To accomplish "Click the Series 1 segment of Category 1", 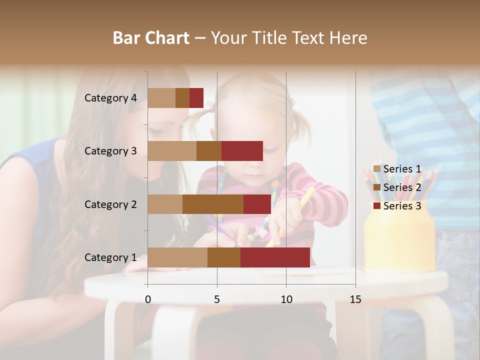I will (x=177, y=257).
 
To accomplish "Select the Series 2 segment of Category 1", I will (x=224, y=257).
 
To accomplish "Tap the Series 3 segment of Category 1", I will (x=275, y=257).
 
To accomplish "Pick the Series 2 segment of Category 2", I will (x=213, y=204).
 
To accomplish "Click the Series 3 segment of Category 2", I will (x=257, y=204).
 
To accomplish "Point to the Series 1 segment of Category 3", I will (x=172, y=151).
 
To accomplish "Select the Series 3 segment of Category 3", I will (x=242, y=151).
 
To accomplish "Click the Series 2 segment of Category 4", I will (x=182, y=98).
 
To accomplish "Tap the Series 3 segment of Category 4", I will (x=196, y=98).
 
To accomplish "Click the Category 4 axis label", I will (x=110, y=98).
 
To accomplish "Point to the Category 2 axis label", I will (x=110, y=204).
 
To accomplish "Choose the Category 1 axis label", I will (x=110, y=257).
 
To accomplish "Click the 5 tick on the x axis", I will (x=217, y=299).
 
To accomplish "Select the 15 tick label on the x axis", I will (x=355, y=299).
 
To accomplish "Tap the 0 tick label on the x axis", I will (x=148, y=299).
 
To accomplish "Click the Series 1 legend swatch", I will (x=377, y=169).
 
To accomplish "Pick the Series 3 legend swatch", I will (x=377, y=206).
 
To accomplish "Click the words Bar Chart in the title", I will (x=151, y=38).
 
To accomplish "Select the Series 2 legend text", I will (x=402, y=187).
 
